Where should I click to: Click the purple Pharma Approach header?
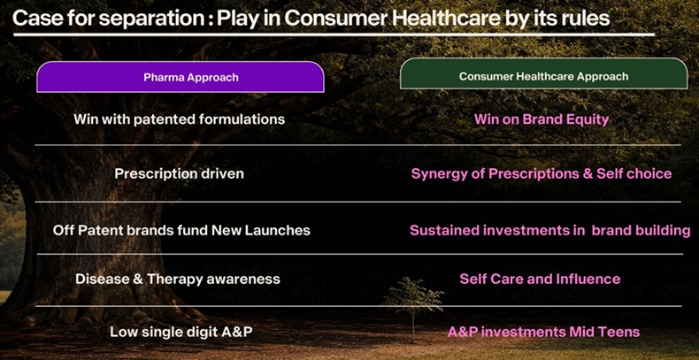pos(190,78)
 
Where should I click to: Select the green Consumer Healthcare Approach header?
pos(543,76)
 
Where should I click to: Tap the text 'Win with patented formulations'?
pos(179,119)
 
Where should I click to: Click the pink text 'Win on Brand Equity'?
pos(542,119)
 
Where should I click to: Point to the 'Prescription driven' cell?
pos(179,173)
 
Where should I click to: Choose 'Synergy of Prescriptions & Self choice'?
pos(542,173)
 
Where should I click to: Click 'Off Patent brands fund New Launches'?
pos(181,230)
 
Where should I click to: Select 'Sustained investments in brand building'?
pos(549,230)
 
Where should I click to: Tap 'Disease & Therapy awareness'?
pos(177,279)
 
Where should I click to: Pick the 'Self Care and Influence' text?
pos(540,279)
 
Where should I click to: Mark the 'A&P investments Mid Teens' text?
pos(543,332)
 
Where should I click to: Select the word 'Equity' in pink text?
pos(586,119)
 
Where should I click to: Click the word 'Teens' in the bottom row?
pos(618,332)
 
